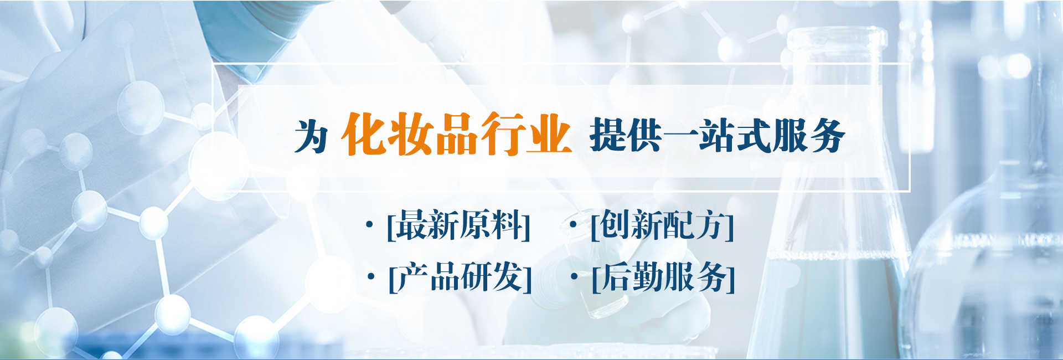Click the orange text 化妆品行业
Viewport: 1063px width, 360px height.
(x=456, y=133)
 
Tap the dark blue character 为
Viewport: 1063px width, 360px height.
(x=311, y=136)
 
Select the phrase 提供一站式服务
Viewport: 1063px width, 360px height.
(x=717, y=135)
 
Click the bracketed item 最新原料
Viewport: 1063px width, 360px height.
(x=459, y=225)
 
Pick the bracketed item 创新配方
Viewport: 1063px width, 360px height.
(x=662, y=225)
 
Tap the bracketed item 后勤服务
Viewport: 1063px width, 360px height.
(x=663, y=277)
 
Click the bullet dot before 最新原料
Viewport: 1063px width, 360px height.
(x=369, y=224)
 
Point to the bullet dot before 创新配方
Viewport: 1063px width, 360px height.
(x=573, y=224)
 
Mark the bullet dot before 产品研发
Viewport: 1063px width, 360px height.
(x=371, y=276)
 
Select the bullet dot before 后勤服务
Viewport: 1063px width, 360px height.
(x=574, y=276)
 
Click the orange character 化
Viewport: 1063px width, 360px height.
(x=363, y=133)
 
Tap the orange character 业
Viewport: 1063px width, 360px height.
(x=549, y=133)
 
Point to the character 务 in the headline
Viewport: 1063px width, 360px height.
(x=827, y=135)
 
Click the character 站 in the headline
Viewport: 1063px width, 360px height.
(x=717, y=135)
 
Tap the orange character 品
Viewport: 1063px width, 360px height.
(x=456, y=134)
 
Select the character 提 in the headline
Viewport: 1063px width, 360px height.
(x=607, y=135)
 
